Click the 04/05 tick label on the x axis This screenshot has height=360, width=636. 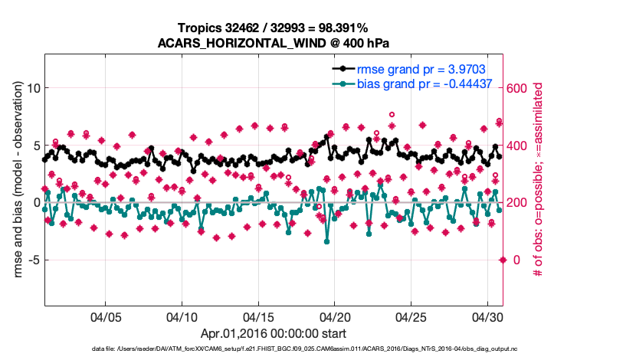(x=106, y=316)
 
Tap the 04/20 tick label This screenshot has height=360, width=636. (x=335, y=316)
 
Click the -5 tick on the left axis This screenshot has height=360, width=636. (x=31, y=260)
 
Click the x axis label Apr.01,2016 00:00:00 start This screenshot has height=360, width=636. (x=274, y=333)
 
